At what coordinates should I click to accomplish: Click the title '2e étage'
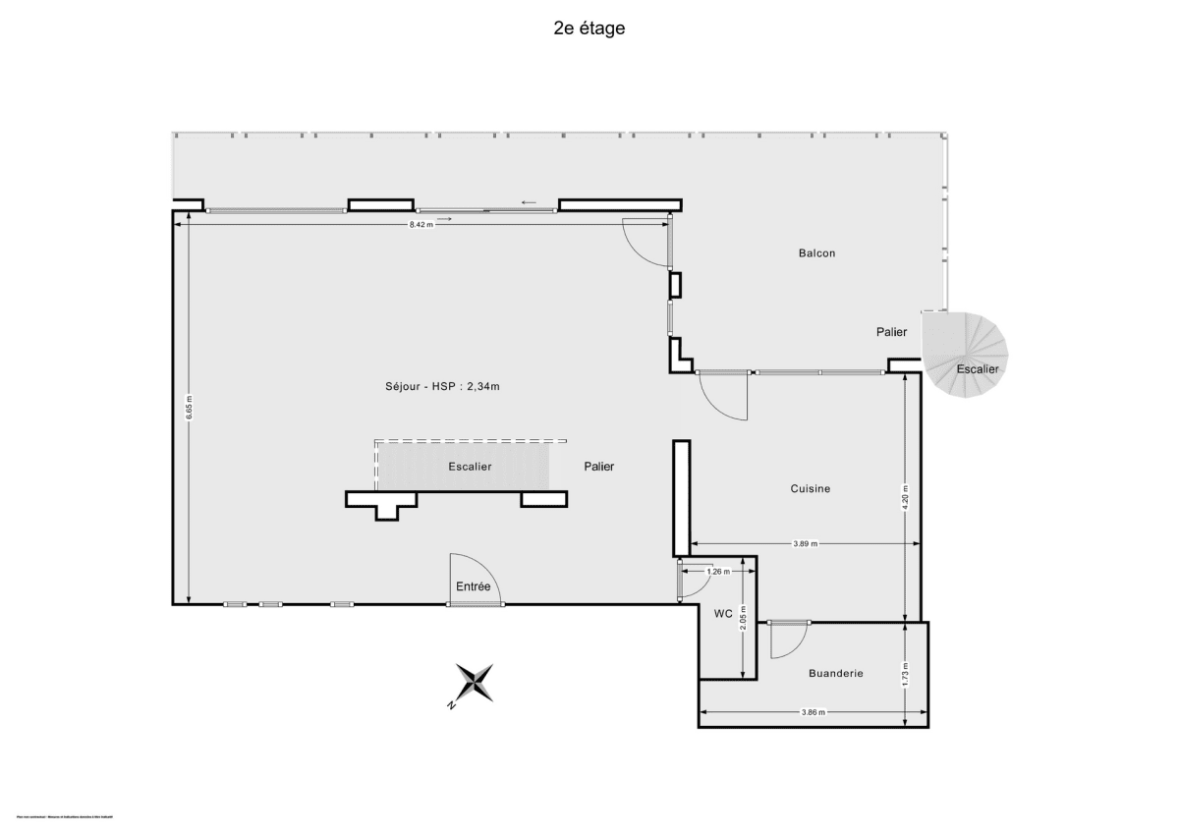[589, 28]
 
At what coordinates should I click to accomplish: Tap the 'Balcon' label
[816, 253]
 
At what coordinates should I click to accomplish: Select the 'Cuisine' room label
[811, 488]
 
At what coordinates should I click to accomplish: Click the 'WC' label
[723, 614]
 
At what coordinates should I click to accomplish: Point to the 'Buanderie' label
[835, 673]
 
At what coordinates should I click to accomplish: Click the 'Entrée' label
[473, 586]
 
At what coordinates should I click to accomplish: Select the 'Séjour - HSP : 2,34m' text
[443, 386]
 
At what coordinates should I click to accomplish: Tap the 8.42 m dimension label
[421, 225]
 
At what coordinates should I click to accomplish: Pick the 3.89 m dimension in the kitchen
[806, 543]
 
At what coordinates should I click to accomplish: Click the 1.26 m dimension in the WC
[719, 570]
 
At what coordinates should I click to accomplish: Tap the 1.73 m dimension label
[905, 675]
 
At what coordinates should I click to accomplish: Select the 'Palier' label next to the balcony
[891, 332]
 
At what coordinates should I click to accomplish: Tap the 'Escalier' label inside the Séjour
[470, 467]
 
